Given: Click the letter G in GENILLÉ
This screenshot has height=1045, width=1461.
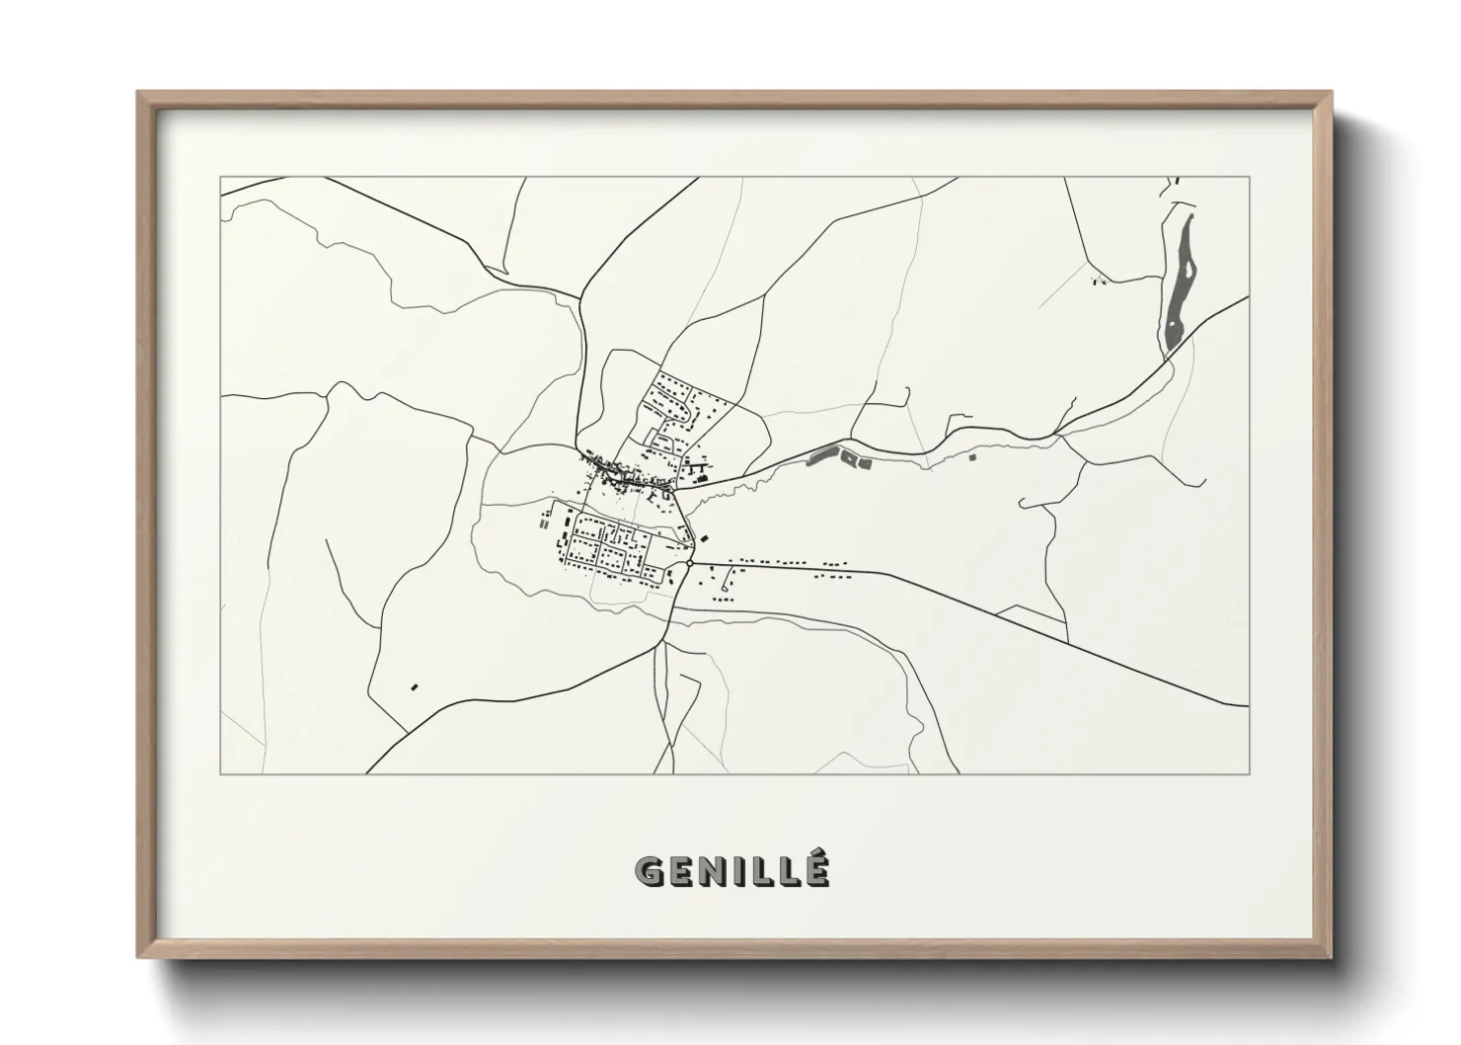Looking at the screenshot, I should [x=652, y=870].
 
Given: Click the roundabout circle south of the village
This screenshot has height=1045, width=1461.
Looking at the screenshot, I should [x=688, y=564].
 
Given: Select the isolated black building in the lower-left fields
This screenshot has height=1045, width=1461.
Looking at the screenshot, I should [x=415, y=685].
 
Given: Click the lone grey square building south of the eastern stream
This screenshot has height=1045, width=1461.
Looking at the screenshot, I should [x=971, y=457].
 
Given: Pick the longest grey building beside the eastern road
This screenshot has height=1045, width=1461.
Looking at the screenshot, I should [x=819, y=455].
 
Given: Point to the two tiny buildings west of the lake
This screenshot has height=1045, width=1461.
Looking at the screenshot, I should [x=1097, y=281].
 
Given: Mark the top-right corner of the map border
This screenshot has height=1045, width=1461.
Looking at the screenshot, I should [x=1250, y=177].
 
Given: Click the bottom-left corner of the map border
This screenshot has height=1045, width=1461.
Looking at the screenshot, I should [x=220, y=773].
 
